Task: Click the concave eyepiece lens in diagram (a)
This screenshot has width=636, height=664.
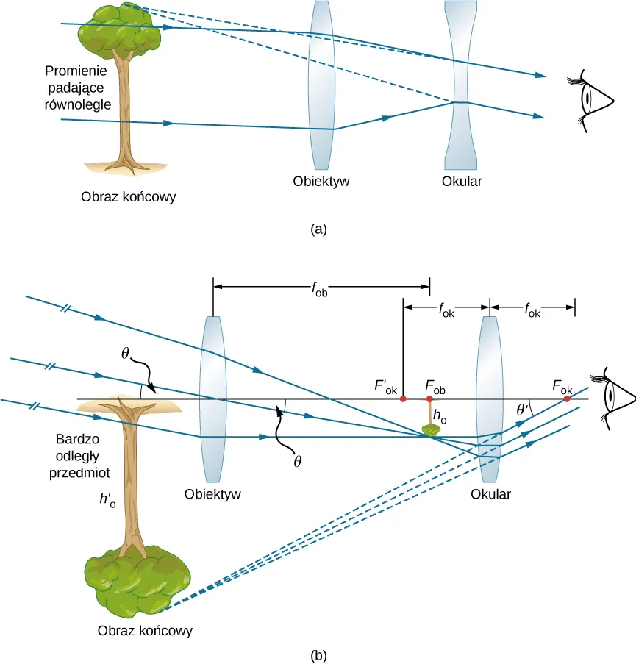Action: coord(461,85)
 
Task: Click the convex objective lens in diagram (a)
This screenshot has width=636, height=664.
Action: coord(323,85)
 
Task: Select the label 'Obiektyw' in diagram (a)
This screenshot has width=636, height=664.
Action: coord(320,181)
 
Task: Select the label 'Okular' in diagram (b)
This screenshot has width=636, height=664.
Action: coord(490,494)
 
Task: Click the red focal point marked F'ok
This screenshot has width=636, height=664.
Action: coord(403,399)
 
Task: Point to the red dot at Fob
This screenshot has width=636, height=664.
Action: coord(430,399)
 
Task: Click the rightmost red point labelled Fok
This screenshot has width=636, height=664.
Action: coord(567,399)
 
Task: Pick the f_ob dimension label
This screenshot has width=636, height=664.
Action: coord(321,289)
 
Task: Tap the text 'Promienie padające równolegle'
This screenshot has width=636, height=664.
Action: coord(77,88)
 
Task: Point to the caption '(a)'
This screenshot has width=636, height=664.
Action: coord(318,229)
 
